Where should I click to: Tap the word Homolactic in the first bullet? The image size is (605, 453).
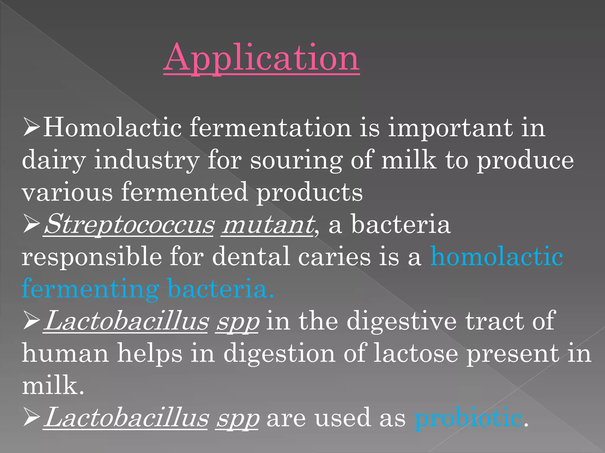(x=112, y=127)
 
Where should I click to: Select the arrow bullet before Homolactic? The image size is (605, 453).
(x=31, y=127)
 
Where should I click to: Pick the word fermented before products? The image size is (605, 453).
(x=185, y=192)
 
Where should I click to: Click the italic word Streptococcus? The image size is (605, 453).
(x=129, y=225)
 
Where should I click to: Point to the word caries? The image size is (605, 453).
(x=334, y=257)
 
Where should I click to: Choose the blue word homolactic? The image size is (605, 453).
(x=497, y=256)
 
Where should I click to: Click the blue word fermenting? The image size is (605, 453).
(x=90, y=289)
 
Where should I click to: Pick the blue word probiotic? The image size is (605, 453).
(x=468, y=418)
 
